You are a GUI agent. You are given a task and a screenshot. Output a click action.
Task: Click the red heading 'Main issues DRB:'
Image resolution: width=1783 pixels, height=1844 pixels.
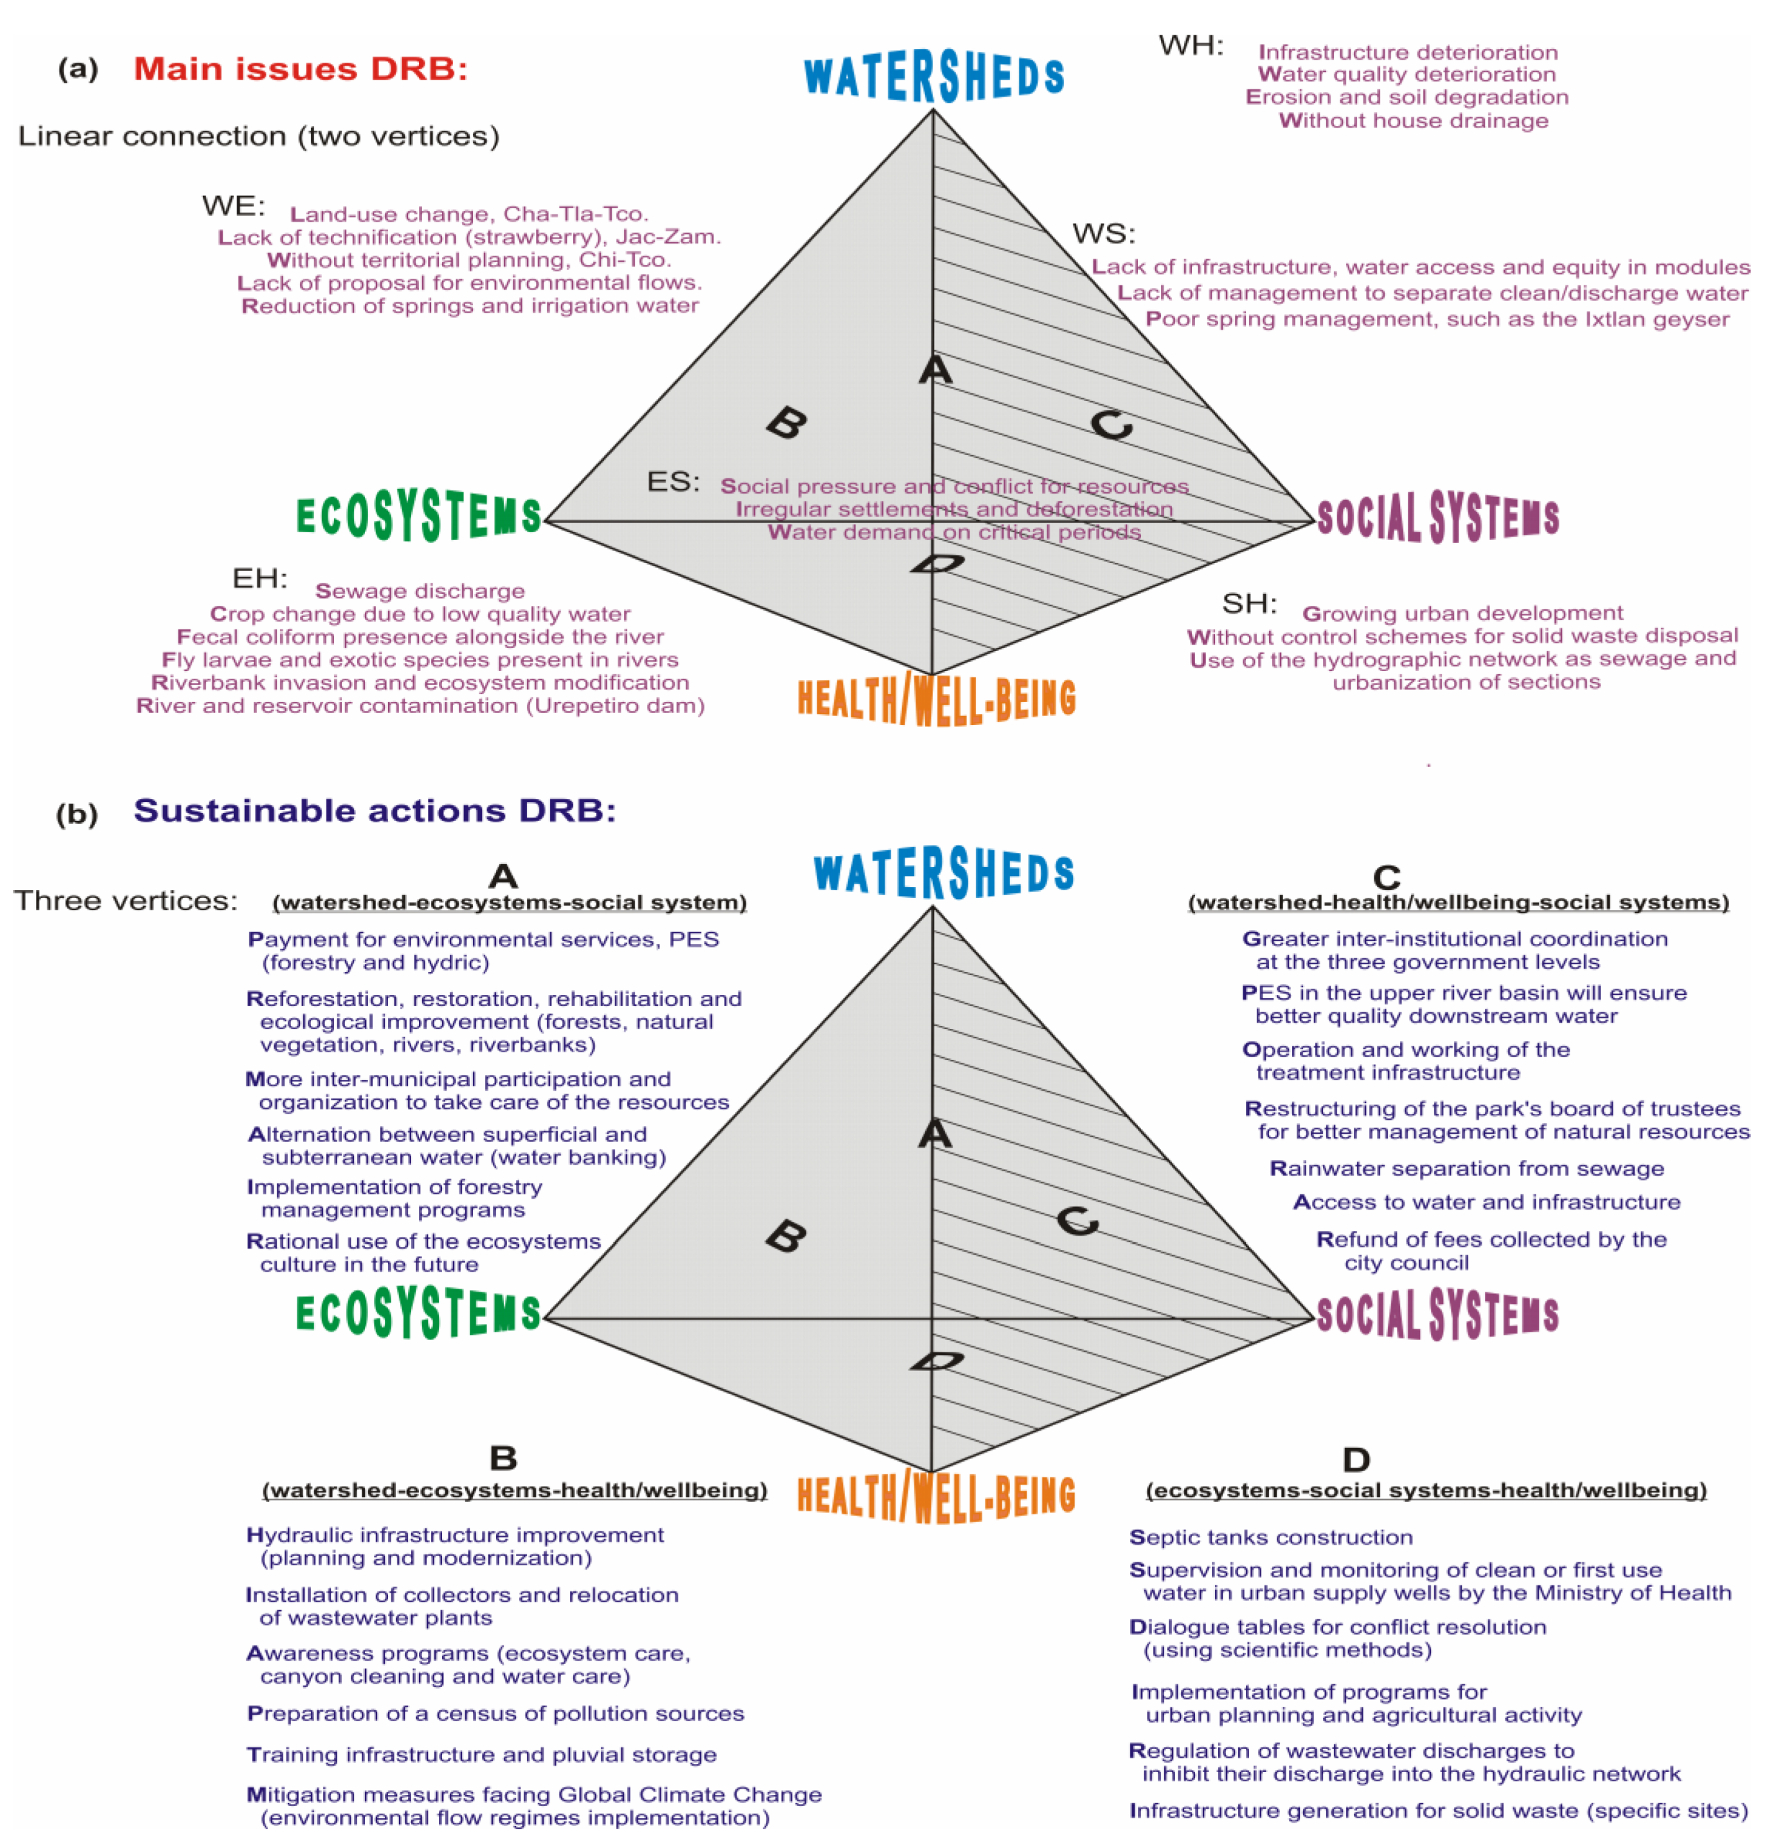coord(300,69)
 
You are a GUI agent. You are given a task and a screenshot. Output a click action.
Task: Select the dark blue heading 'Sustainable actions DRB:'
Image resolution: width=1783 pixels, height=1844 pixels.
coord(375,811)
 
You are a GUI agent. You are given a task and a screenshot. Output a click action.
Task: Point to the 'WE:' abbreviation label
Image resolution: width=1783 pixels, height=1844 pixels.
coord(233,206)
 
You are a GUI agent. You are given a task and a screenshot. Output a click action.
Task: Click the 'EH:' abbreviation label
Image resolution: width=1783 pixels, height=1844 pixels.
coord(260,578)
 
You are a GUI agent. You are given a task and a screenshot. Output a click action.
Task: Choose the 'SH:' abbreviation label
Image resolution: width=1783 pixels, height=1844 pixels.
coord(1249,603)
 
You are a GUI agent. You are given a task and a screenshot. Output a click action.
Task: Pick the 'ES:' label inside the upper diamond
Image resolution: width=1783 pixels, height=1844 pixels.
coord(673,481)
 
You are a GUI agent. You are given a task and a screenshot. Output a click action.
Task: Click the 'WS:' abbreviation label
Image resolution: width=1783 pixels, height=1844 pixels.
coord(1104,233)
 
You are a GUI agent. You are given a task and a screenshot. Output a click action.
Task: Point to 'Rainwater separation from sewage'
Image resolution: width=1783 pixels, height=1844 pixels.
coord(1466,1168)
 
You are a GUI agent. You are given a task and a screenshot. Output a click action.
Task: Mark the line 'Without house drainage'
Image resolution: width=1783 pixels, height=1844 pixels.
coord(1412,120)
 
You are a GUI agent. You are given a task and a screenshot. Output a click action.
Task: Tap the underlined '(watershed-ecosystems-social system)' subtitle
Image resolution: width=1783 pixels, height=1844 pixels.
coord(510,903)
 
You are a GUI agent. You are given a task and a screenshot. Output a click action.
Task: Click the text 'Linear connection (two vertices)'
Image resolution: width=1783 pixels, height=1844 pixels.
coord(258,136)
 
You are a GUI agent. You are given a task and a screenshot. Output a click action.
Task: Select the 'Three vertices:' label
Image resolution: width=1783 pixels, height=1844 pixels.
coord(126,901)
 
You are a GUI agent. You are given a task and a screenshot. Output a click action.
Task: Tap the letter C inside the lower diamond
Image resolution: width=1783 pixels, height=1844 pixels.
coord(1077,1222)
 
